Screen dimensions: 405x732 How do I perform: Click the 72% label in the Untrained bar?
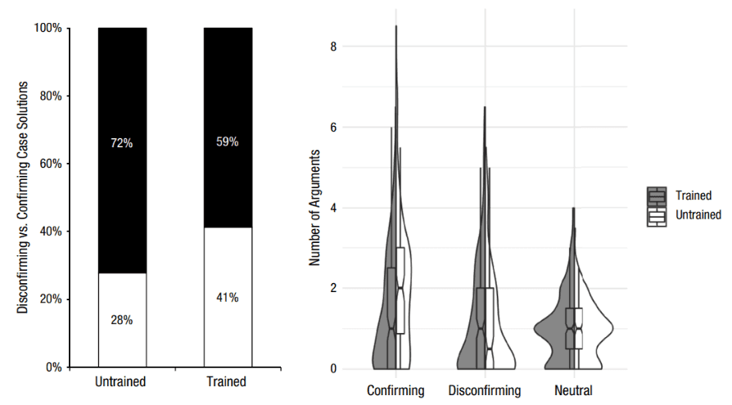pyautogui.click(x=121, y=143)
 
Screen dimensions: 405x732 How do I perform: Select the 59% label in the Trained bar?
pyautogui.click(x=228, y=142)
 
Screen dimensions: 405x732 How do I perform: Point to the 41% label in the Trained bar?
pyautogui.click(x=228, y=297)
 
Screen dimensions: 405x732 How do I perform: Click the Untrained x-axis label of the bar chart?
pyautogui.click(x=121, y=382)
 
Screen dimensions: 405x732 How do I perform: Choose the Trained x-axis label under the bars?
pyautogui.click(x=228, y=382)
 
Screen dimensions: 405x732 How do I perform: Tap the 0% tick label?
pyautogui.click(x=54, y=367)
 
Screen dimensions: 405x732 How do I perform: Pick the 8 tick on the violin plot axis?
pyautogui.click(x=333, y=47)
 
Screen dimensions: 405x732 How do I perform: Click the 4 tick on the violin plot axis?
pyautogui.click(x=333, y=208)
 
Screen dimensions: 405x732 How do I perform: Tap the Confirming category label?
pyautogui.click(x=396, y=390)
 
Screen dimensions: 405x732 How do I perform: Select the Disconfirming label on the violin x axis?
pyautogui.click(x=485, y=390)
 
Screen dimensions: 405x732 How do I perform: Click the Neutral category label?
pyautogui.click(x=573, y=390)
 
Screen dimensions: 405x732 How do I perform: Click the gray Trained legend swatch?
pyautogui.click(x=657, y=196)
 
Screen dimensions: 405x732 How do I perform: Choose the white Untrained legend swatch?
pyautogui.click(x=657, y=216)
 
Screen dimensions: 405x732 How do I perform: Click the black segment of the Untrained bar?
pyautogui.click(x=121, y=90)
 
